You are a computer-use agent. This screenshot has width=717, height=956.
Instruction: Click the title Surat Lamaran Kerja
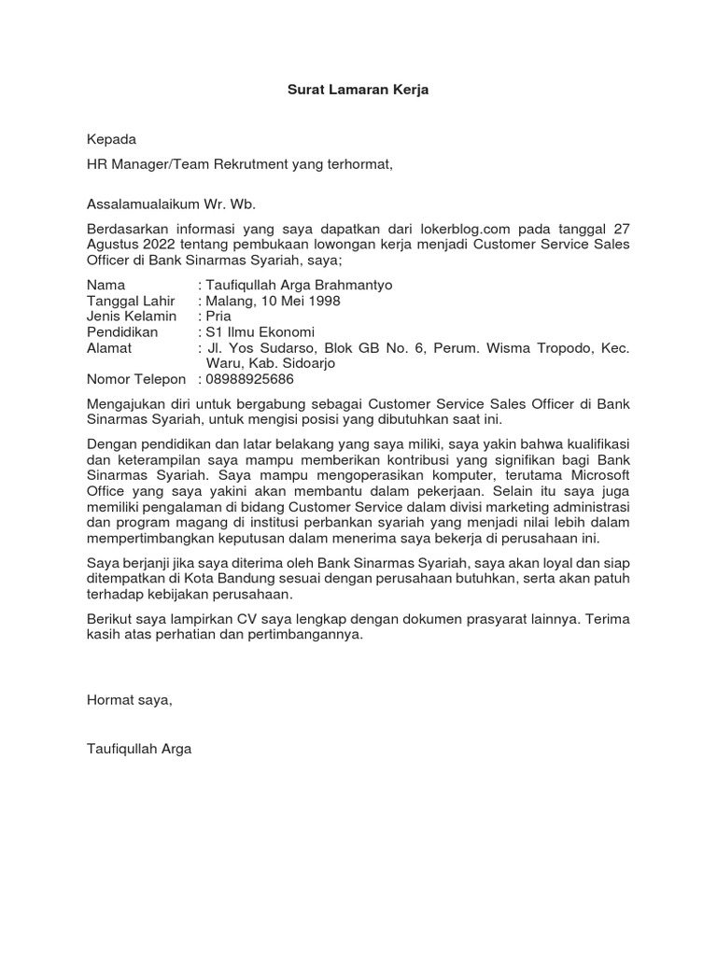[358, 91]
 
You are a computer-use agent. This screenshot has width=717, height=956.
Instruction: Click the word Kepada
[111, 140]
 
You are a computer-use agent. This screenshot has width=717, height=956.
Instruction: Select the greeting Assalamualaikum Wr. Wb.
[171, 204]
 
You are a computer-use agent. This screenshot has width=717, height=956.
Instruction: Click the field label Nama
[105, 284]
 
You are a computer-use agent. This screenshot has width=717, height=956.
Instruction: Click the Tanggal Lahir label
[131, 301]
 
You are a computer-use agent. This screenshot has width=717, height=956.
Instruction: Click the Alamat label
[109, 348]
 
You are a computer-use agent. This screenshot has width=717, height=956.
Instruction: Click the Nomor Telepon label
[136, 380]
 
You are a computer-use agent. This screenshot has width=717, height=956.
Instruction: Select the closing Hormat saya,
[129, 699]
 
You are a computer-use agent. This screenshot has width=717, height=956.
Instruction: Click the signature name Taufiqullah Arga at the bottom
[139, 749]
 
